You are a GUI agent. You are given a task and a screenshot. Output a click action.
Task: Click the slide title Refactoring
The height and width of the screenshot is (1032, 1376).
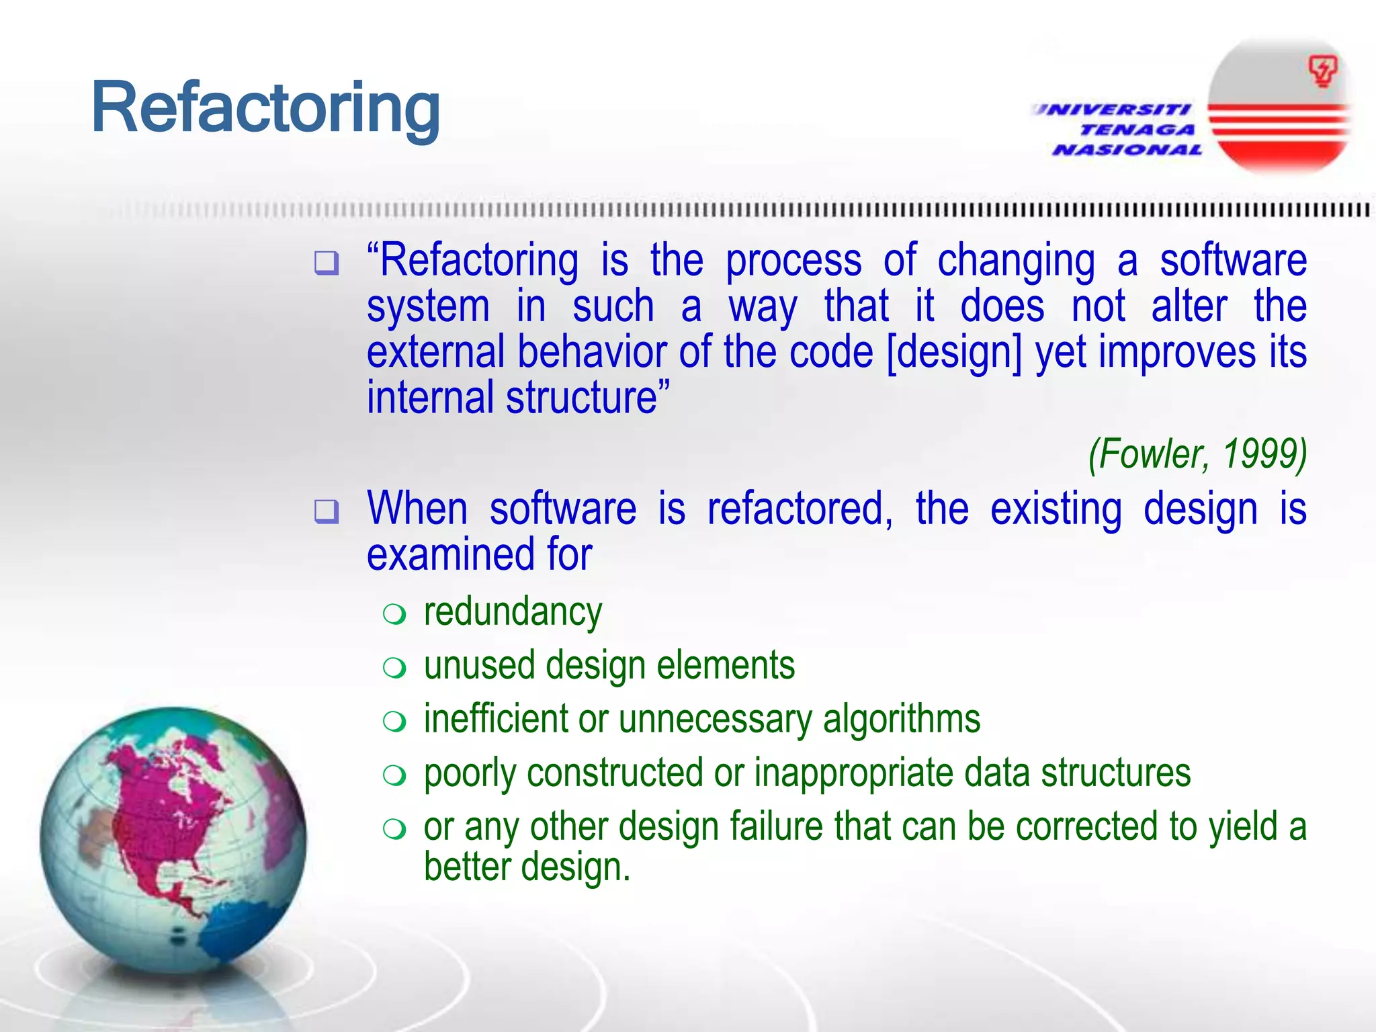pos(265,108)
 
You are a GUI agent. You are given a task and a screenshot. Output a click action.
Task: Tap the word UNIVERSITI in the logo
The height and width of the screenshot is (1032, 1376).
pos(1113,110)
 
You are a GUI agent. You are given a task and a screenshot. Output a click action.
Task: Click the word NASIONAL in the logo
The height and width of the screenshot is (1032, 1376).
pos(1127,150)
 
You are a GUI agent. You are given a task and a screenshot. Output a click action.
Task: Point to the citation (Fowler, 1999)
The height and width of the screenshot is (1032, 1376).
pos(1197,454)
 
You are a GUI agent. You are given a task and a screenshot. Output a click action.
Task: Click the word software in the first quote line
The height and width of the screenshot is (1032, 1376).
pos(1233,261)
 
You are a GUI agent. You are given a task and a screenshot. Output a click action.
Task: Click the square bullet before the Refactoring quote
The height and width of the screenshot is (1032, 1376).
pos(327,263)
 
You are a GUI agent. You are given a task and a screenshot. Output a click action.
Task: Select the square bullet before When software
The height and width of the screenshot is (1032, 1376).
pos(327,511)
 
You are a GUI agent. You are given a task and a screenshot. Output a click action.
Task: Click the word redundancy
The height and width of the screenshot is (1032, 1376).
pos(513,612)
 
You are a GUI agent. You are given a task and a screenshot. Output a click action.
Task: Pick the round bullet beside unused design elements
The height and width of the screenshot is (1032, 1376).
pos(394,667)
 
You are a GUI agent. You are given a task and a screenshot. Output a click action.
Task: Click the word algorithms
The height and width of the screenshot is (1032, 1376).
pos(901,719)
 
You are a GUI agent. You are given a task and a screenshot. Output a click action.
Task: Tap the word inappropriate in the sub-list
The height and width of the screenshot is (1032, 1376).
pos(854,773)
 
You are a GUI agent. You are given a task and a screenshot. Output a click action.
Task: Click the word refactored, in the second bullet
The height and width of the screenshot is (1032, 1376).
pos(800,509)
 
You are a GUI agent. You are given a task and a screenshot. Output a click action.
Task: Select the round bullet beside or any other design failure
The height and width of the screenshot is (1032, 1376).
pos(394,828)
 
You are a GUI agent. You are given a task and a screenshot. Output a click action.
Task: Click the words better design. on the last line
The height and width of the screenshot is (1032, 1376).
pos(527,867)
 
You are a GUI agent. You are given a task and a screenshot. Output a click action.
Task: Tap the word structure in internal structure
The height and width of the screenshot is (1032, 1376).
pos(587,398)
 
